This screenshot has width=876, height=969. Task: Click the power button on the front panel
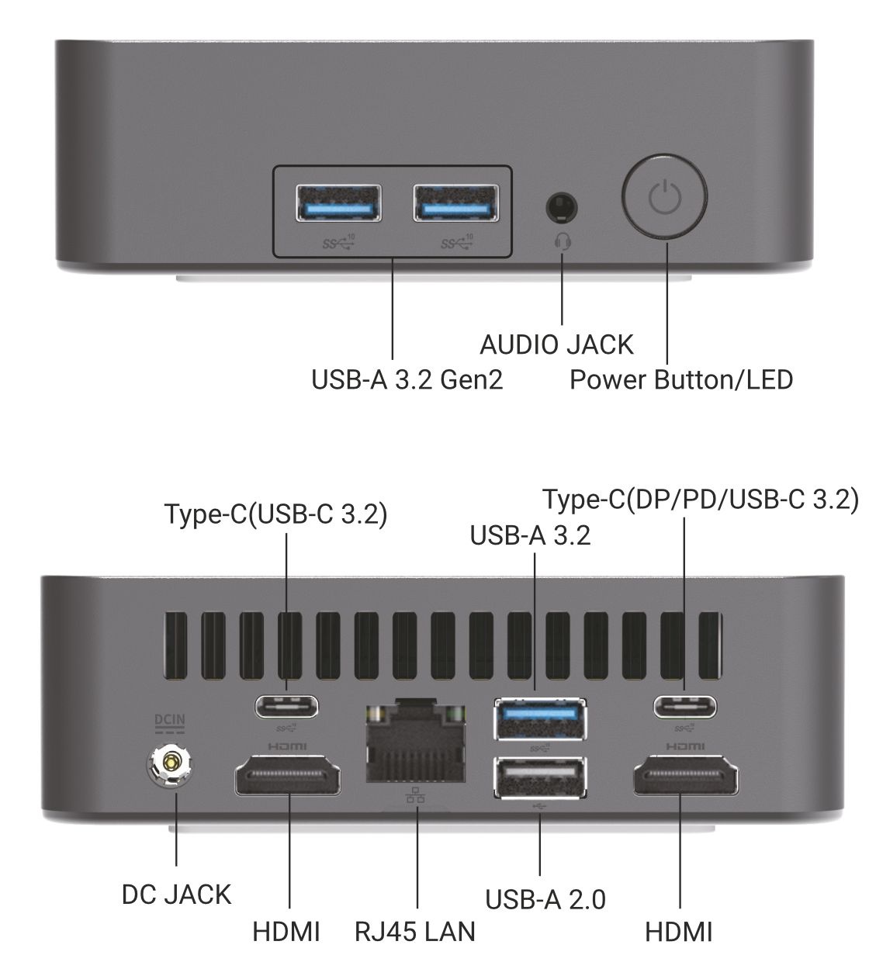tap(665, 197)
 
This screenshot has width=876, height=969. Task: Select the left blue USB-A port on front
tap(338, 204)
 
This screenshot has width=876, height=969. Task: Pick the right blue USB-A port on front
tap(455, 204)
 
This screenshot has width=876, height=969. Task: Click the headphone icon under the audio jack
tap(563, 241)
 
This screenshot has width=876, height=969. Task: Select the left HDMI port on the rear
tap(288, 777)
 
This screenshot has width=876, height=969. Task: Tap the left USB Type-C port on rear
tap(287, 707)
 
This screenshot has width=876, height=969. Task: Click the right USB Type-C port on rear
tap(684, 707)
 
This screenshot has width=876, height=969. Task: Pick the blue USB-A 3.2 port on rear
tap(541, 718)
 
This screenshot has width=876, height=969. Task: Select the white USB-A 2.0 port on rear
tap(541, 777)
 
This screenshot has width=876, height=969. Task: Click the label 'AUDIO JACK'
tap(556, 344)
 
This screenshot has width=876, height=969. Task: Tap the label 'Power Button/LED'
tap(680, 380)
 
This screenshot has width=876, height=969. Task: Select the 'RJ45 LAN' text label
tap(415, 931)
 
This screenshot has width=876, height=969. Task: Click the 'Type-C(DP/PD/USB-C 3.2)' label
tap(700, 500)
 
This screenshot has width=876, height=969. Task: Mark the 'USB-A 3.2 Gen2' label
tap(407, 380)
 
